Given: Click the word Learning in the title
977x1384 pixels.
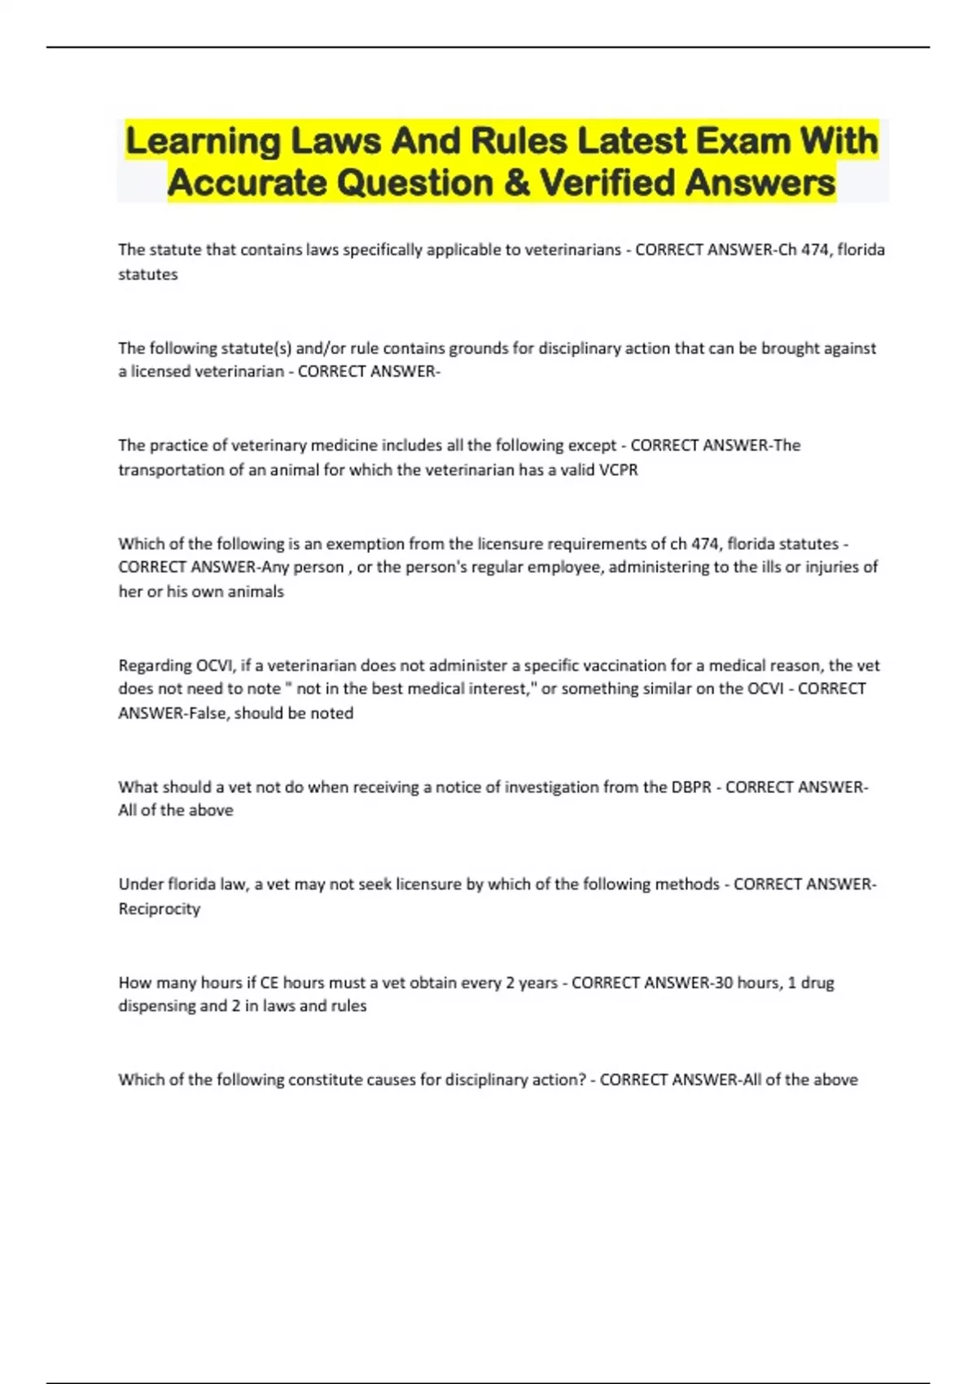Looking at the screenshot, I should tap(203, 142).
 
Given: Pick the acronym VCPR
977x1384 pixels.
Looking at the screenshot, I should tap(618, 470).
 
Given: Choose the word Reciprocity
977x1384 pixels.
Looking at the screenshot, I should tap(159, 909).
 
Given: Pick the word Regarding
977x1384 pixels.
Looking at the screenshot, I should tap(154, 666).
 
